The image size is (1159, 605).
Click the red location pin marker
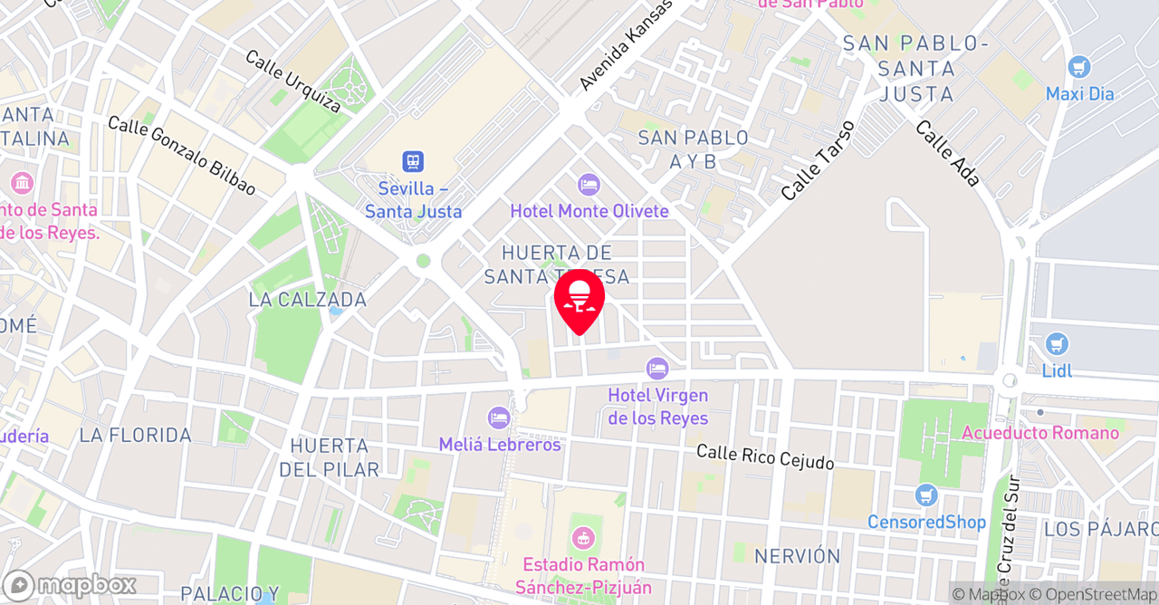579,300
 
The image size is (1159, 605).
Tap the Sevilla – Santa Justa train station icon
413,162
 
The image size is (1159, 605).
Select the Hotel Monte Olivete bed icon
589,185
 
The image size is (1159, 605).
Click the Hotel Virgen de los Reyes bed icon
657,369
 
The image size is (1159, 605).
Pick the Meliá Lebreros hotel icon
498,418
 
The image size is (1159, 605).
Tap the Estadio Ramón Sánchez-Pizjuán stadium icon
584,536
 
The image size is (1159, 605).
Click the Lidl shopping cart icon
1056,344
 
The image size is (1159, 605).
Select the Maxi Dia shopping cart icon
1078,67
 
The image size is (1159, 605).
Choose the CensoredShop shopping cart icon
925,495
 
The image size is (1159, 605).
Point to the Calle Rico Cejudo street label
765,456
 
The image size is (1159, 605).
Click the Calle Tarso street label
818,160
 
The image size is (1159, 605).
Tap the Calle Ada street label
947,153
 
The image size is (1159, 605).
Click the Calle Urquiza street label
293,82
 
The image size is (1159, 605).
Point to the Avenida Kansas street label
627,45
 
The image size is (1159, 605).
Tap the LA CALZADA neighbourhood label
309,300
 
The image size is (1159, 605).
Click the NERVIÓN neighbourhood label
797,555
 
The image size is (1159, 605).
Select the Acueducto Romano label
1040,433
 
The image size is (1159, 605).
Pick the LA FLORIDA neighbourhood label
135,436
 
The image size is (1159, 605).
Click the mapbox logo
70,584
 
